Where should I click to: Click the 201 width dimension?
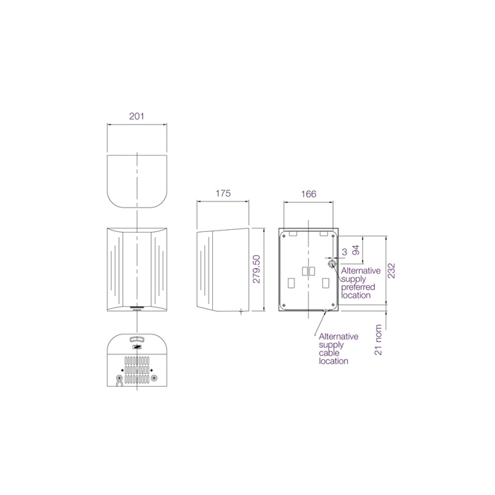coord(136,116)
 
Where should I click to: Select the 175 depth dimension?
coord(223,193)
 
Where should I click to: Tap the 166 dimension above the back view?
coord(308,194)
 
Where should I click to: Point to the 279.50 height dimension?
coord(257,269)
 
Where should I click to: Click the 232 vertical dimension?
coord(391,271)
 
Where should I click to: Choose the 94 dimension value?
coord(356,250)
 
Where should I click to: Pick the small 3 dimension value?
coord(344,252)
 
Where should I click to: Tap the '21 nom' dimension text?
coord(378,339)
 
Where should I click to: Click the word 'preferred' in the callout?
coord(358,287)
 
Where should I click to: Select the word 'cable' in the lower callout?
coord(329,353)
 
